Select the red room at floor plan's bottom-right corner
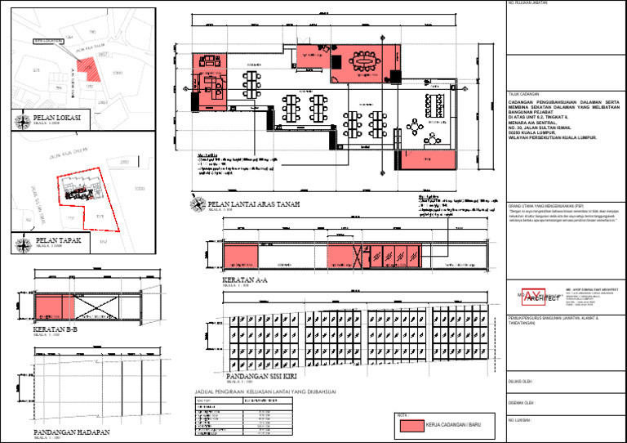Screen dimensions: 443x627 click(x=421, y=159)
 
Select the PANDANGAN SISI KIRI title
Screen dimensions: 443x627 click(x=269, y=376)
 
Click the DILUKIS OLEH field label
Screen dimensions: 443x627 click(x=520, y=381)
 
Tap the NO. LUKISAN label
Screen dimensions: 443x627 click(x=519, y=420)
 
